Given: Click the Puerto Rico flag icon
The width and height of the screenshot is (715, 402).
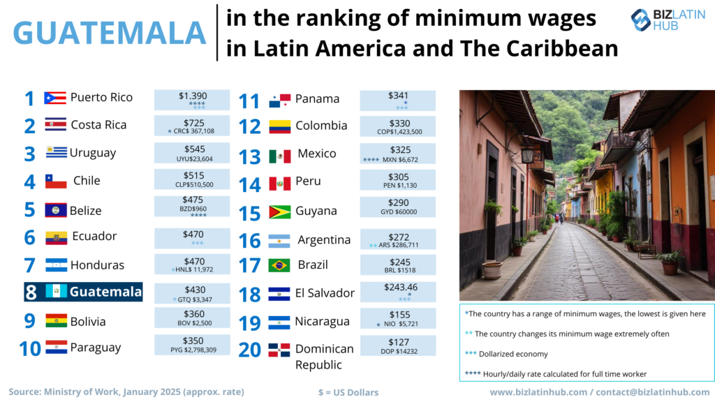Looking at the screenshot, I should coord(54,98).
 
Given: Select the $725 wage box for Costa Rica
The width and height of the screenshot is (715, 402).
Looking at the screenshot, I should coord(191,126).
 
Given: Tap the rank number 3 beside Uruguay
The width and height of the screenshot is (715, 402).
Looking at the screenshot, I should coord(29,154).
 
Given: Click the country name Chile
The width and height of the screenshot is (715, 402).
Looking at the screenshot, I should coord(87,181).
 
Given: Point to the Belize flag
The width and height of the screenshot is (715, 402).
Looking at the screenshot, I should coord(56,210).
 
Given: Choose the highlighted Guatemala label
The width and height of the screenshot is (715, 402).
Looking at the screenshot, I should coord(83,292).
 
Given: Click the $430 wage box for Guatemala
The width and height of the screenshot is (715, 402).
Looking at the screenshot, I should coord(191,293).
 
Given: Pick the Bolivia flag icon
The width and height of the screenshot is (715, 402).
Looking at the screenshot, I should coord(56,321).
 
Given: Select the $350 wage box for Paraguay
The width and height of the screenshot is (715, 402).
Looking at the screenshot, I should coord(191,345).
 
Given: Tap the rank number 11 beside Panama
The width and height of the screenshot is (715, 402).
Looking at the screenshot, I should coord(249,101).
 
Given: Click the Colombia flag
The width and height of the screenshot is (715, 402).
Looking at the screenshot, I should coord(279,127).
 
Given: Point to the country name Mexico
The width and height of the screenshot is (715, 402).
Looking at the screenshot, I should coord(316,154).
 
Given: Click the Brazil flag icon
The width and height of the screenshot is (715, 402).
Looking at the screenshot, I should coord(279,265).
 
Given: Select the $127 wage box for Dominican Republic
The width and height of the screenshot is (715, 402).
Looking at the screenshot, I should coord(397,346).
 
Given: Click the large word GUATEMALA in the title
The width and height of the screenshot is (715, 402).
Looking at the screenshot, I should coord(110,32).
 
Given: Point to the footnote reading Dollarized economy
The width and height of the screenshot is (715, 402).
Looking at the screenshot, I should coord(507,355).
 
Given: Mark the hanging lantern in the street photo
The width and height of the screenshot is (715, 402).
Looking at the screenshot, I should coord(528,154).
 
